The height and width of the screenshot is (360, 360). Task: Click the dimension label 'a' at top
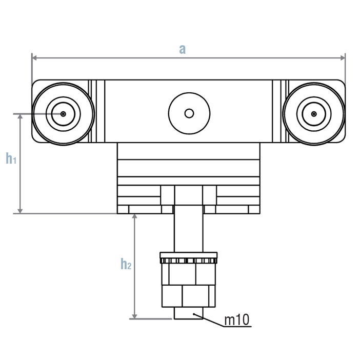click(x=182, y=49)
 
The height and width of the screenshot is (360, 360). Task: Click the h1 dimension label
click(x=11, y=159)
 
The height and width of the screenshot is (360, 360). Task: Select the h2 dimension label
click(x=126, y=264)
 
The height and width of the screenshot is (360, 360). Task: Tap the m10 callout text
click(x=237, y=321)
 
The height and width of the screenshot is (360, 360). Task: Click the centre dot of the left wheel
click(x=63, y=114)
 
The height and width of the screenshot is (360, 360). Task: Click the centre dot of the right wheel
click(x=314, y=114)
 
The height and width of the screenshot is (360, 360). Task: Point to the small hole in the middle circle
click(x=189, y=113)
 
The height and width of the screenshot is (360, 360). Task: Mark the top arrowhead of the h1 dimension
click(x=21, y=117)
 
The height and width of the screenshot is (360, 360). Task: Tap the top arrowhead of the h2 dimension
click(x=135, y=217)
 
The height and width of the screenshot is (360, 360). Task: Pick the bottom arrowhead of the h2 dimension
click(x=135, y=315)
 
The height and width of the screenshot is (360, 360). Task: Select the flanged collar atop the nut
click(x=189, y=256)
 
